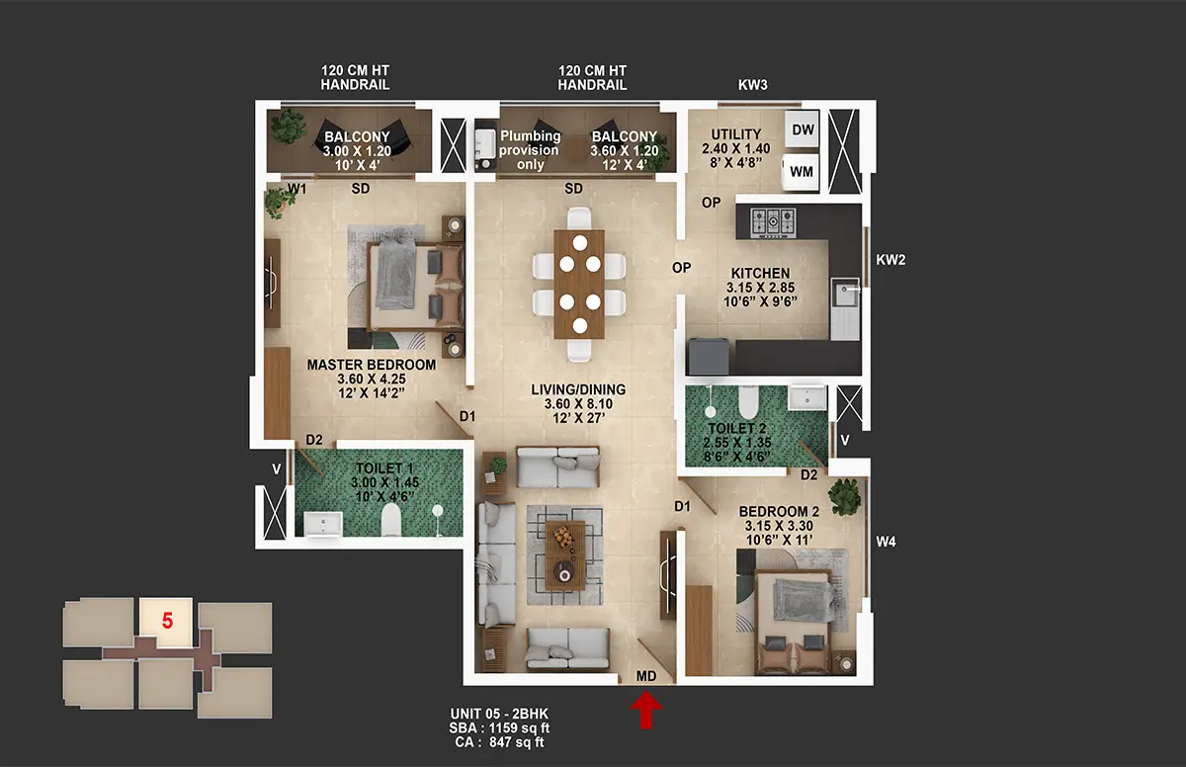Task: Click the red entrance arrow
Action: (646, 710)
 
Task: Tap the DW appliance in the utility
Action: (803, 129)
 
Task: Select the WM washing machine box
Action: (801, 172)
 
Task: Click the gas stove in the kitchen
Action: (774, 221)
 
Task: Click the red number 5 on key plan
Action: (167, 621)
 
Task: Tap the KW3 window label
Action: (752, 85)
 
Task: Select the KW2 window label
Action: (890, 260)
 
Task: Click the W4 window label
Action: (886, 542)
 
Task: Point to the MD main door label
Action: (646, 676)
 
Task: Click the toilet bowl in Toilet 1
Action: (391, 519)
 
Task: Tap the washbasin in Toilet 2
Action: (806, 397)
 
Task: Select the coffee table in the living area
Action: (565, 555)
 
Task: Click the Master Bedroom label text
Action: (372, 365)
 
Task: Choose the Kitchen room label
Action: (760, 273)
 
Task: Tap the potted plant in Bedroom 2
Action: (845, 496)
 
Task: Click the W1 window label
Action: (297, 189)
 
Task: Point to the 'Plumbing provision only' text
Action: (530, 150)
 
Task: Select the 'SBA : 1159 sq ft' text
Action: (499, 728)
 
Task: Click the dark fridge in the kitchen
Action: (708, 356)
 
